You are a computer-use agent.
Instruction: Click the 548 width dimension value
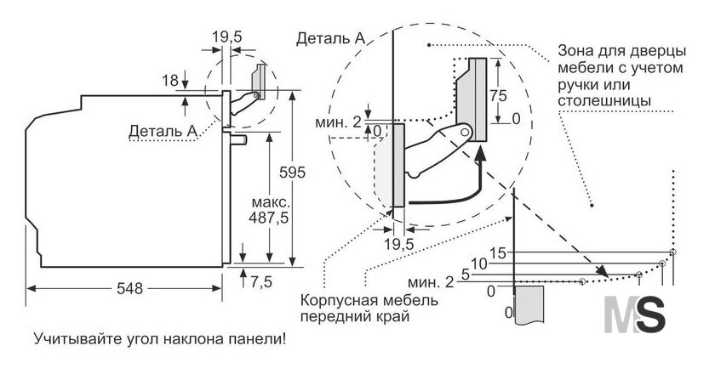[x=130, y=288]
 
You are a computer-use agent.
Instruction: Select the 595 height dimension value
[x=292, y=173]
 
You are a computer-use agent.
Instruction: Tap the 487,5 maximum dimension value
[x=269, y=218]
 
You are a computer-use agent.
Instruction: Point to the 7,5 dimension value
[x=260, y=281]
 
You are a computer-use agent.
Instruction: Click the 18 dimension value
[x=170, y=81]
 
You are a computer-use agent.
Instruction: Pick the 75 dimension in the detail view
[x=498, y=96]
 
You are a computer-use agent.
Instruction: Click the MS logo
[x=635, y=314]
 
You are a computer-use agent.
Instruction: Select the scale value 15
[x=499, y=253]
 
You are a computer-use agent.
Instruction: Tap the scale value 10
[x=478, y=263]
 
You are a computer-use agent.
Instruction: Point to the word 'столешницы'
[x=604, y=100]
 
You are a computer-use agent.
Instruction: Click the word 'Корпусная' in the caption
[x=337, y=301]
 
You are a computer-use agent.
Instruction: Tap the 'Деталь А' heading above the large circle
[x=330, y=39]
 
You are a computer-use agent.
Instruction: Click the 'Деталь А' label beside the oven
[x=163, y=131]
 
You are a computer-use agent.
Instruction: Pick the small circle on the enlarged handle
[x=465, y=132]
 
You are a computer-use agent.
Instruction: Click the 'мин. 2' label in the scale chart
[x=431, y=282]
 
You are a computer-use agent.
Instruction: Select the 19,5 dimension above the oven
[x=226, y=37]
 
